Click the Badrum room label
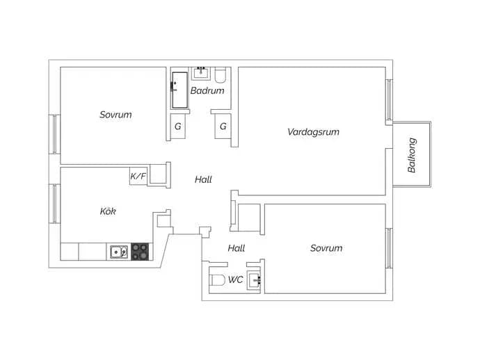coord(207,90)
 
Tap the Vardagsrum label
coord(313,132)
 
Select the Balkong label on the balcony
coord(412,155)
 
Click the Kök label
coord(108,211)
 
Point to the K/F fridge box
coord(138,176)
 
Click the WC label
coord(235,279)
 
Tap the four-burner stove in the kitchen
coord(140,252)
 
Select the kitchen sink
coord(119,252)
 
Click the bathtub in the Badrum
coord(179,90)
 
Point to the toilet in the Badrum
coord(220,75)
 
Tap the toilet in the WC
coord(217,280)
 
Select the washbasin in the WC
coord(255,279)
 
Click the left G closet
coord(178,126)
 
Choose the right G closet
coord(223,126)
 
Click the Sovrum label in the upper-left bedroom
coord(115,115)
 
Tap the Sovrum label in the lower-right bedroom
coord(326,248)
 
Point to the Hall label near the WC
coord(237,248)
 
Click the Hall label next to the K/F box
coord(203,179)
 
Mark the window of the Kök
coord(54,204)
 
